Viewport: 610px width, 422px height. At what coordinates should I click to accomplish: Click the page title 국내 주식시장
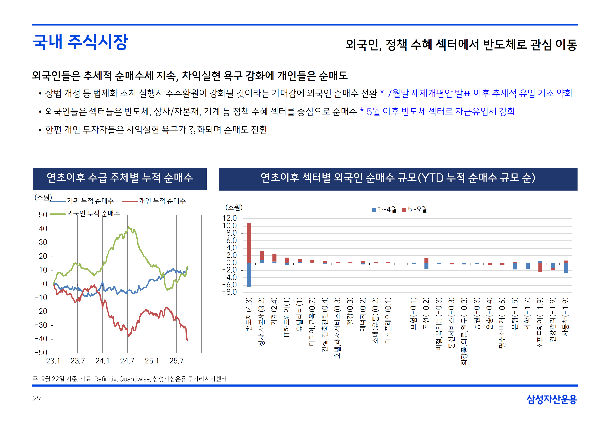(x=80, y=42)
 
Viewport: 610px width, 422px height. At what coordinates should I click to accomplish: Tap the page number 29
(x=37, y=399)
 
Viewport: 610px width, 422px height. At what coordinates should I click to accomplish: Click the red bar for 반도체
(x=249, y=243)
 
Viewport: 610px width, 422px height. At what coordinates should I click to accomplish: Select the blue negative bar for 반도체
(x=249, y=275)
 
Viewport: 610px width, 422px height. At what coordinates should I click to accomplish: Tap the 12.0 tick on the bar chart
(x=230, y=218)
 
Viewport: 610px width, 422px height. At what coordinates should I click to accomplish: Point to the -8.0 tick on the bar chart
(x=230, y=292)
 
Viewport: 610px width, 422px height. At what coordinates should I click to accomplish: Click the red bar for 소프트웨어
(x=540, y=267)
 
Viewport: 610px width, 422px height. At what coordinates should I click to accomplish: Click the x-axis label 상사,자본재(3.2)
(x=261, y=321)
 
